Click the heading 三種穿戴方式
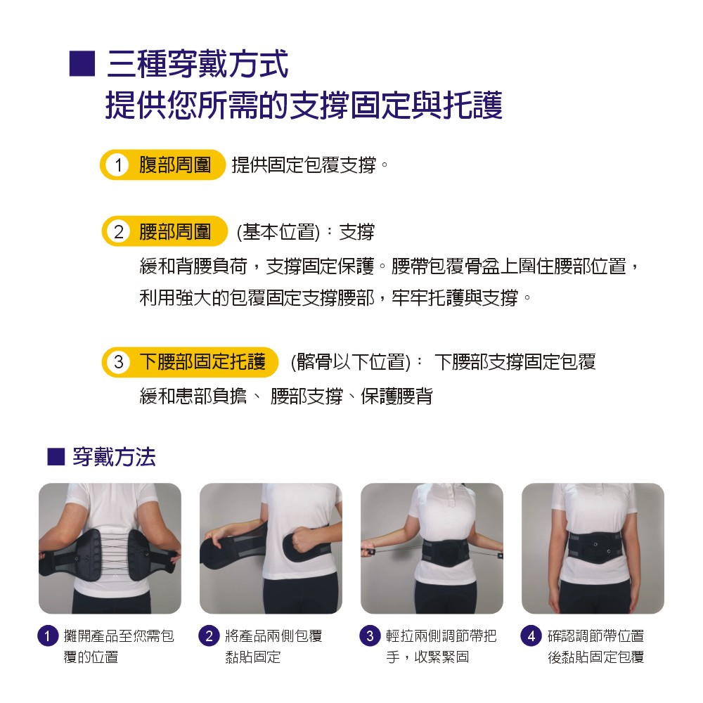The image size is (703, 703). pos(198,64)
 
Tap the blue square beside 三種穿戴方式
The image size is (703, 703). pos(82,64)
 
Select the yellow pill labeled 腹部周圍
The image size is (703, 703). pos(162,165)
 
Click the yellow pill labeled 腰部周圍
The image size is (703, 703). pos(165,231)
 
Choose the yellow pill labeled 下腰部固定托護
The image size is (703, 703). pos(190,362)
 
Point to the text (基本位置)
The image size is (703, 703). pos(278,232)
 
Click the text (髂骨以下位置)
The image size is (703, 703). pos(351,362)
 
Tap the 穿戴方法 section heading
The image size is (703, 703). pos(114,457)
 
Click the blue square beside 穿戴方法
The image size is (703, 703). pos(56,457)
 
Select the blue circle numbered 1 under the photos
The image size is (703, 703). pos(48,636)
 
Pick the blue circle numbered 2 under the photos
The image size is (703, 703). pos(209,636)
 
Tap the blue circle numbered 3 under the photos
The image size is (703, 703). pos(370,636)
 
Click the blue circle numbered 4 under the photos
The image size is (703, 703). pos(531,636)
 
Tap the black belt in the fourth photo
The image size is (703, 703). pos(593,550)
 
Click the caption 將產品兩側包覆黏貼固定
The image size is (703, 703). pos(273,646)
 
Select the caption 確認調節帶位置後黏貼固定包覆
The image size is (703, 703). pos(596,646)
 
